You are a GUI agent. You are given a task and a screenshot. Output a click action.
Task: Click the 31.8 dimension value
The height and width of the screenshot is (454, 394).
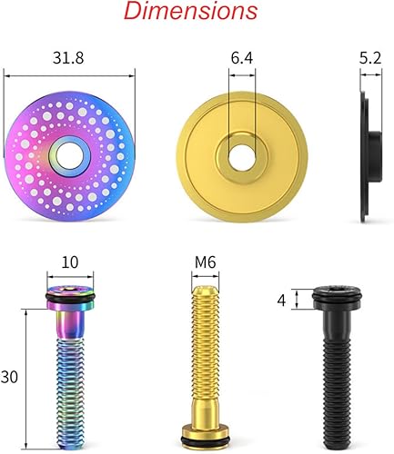click(x=70, y=58)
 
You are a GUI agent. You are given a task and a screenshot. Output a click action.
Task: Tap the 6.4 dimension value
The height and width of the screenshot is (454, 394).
click(x=241, y=58)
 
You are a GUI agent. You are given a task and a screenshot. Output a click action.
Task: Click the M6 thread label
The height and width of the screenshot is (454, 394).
click(x=206, y=263)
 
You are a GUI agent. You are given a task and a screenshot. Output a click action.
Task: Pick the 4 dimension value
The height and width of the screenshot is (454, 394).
click(x=281, y=301)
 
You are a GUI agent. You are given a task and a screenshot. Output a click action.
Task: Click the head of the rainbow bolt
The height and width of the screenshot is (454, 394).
click(x=70, y=290)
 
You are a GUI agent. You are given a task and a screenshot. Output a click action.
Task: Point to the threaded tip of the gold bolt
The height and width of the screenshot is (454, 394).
click(x=206, y=300)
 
